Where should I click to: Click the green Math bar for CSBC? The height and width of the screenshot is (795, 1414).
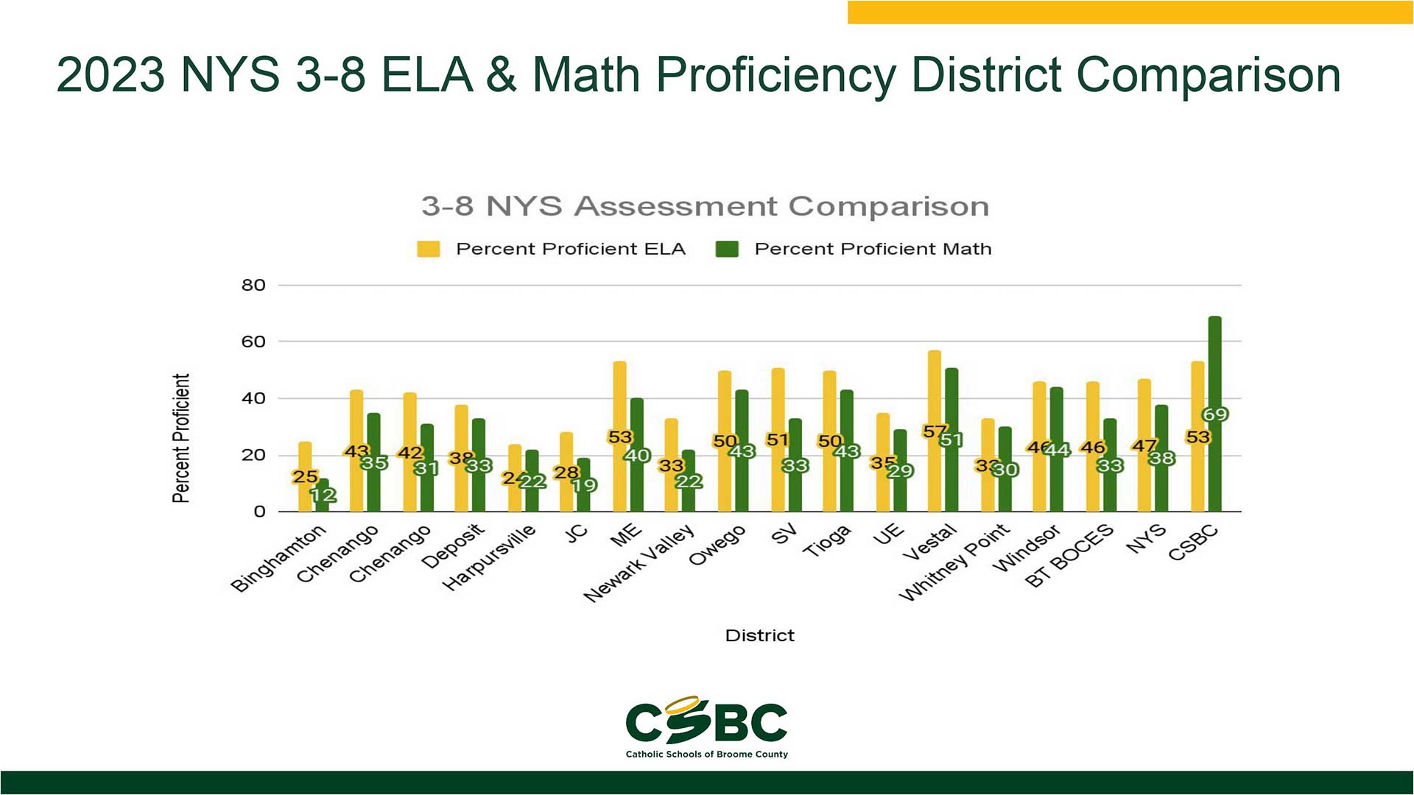click(x=1214, y=368)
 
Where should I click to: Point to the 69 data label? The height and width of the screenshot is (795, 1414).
click(x=1214, y=414)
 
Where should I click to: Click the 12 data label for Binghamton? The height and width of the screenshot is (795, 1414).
click(x=323, y=495)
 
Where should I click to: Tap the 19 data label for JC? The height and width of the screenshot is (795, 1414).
click(x=584, y=485)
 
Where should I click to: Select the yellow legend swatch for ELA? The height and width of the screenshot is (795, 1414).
click(x=428, y=249)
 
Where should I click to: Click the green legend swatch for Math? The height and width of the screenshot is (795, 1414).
click(x=727, y=249)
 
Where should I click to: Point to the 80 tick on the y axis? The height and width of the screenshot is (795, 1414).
click(x=253, y=286)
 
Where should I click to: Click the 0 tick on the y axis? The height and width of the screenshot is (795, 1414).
click(x=258, y=512)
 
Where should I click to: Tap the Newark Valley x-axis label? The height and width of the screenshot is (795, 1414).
click(x=639, y=563)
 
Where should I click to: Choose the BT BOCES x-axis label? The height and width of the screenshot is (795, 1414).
click(x=1069, y=556)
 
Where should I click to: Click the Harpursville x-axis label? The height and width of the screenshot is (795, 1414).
click(x=489, y=558)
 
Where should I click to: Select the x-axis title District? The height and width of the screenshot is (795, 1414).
click(x=759, y=635)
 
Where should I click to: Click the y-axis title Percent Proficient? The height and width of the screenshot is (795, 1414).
click(x=181, y=438)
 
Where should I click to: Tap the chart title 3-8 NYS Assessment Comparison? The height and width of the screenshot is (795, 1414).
click(x=705, y=206)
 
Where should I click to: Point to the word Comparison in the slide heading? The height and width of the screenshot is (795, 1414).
click(x=1208, y=76)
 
